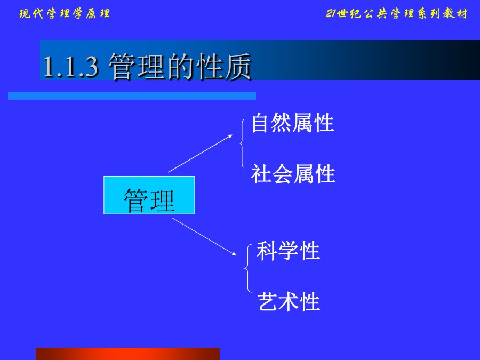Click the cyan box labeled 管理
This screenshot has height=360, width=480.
click(149, 195)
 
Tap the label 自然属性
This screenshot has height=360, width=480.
click(293, 123)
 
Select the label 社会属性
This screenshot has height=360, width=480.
click(293, 174)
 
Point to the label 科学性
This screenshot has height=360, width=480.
click(289, 251)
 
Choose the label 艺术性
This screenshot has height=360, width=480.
click(289, 302)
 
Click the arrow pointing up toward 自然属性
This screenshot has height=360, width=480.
click(200, 154)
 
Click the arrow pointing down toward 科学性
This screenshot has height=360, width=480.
click(204, 237)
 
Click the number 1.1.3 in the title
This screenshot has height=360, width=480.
click(71, 67)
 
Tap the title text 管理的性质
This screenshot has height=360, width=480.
click(180, 67)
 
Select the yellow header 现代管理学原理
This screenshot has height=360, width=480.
click(65, 13)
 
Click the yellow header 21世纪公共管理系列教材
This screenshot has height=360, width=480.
click(397, 13)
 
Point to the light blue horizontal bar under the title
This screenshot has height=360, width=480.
click(132, 96)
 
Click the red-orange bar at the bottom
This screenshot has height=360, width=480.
click(127, 354)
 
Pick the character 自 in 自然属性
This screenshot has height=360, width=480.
click(261, 123)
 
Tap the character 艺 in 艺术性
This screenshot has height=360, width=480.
click(268, 302)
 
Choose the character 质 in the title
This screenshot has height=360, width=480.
click(238, 67)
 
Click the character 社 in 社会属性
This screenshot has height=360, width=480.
click(261, 174)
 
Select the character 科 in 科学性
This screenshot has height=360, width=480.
click(267, 251)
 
